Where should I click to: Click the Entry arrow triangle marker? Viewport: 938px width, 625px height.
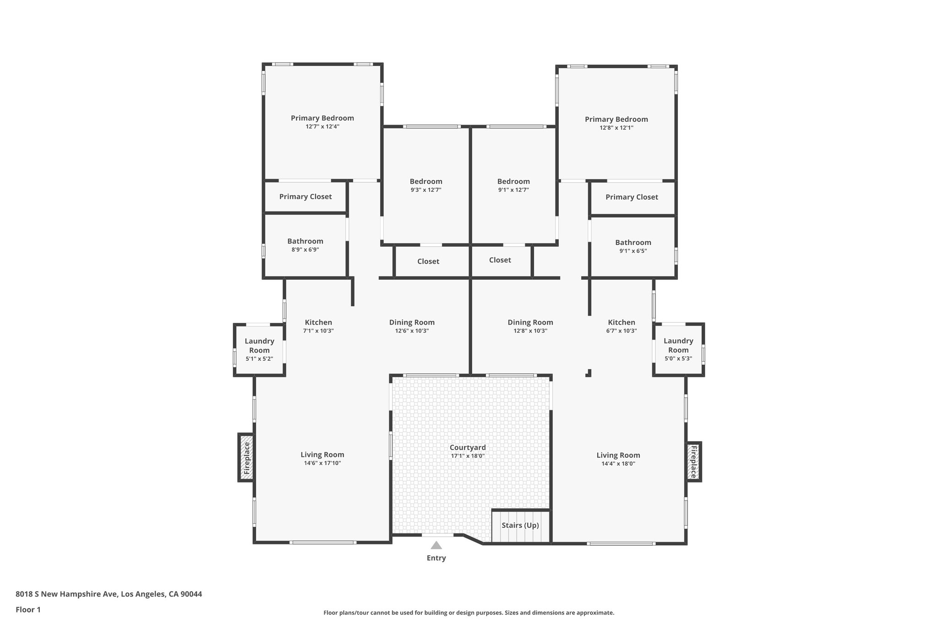(436, 545)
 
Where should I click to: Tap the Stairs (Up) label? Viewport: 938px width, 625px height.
(520, 525)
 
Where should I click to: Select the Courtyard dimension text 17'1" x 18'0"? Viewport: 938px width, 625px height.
(468, 456)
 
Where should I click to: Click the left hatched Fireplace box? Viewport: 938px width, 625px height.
(246, 457)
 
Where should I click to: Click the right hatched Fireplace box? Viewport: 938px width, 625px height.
(693, 462)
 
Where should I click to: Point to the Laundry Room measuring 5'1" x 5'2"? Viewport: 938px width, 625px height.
(259, 350)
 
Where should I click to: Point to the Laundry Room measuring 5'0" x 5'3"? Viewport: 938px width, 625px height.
(678, 349)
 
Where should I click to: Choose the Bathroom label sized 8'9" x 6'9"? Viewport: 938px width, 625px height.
(305, 241)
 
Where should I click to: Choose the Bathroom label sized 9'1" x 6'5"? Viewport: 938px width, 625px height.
(633, 243)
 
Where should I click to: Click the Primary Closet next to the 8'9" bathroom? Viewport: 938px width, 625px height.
(305, 196)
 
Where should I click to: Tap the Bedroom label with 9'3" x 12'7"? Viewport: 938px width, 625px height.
(426, 181)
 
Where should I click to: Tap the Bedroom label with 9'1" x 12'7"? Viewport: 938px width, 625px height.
(513, 181)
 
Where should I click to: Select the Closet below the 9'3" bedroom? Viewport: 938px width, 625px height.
(428, 261)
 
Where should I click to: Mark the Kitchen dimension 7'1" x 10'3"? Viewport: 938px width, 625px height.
(318, 331)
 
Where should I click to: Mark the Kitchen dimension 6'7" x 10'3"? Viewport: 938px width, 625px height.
(622, 331)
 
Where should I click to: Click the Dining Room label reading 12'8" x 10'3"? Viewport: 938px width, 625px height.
(530, 322)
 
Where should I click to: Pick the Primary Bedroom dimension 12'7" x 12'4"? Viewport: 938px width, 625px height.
(322, 126)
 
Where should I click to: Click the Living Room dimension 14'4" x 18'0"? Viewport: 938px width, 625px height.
(618, 463)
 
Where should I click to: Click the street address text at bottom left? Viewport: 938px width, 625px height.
(109, 594)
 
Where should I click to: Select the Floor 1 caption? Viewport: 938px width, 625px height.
(28, 609)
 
